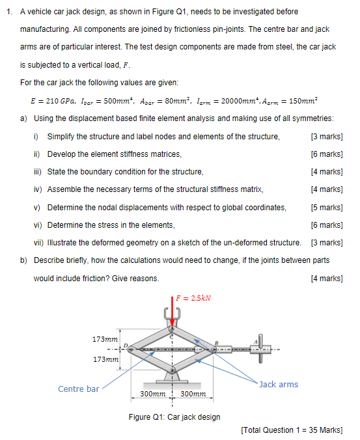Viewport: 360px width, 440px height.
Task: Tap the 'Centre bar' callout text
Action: coord(79,389)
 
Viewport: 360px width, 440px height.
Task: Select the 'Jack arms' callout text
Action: coord(279,384)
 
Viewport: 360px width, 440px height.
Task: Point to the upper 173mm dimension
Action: coord(105,339)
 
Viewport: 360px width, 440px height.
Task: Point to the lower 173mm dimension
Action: coord(105,359)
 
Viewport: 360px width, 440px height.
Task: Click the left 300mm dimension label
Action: coord(152,394)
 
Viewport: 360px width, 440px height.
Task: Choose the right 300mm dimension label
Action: coord(193,394)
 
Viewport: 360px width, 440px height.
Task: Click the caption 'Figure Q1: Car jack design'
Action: coord(174,417)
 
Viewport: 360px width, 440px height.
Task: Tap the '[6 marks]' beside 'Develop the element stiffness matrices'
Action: coord(327,154)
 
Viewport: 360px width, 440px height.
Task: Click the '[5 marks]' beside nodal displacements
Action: coord(327,207)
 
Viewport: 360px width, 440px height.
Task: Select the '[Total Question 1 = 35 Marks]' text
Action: coord(291,430)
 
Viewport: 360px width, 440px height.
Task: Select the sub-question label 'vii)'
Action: coord(39,243)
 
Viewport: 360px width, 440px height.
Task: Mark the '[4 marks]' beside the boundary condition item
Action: coord(327,172)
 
